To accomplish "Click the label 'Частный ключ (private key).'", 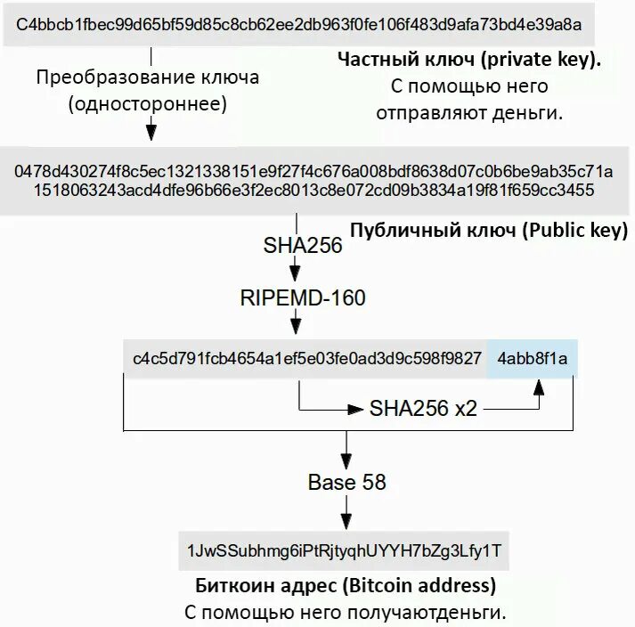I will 469,61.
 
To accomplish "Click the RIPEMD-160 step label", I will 303,297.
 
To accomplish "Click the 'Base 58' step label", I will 347,483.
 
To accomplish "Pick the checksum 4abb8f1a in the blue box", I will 533,359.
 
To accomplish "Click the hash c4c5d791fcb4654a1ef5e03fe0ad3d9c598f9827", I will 307,359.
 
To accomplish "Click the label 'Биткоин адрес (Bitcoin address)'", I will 346,586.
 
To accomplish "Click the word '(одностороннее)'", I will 148,103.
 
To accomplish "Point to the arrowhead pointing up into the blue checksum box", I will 538,387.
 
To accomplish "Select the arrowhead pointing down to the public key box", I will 151,131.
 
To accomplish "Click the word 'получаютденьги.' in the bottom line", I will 439,613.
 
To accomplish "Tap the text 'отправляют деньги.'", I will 469,114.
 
